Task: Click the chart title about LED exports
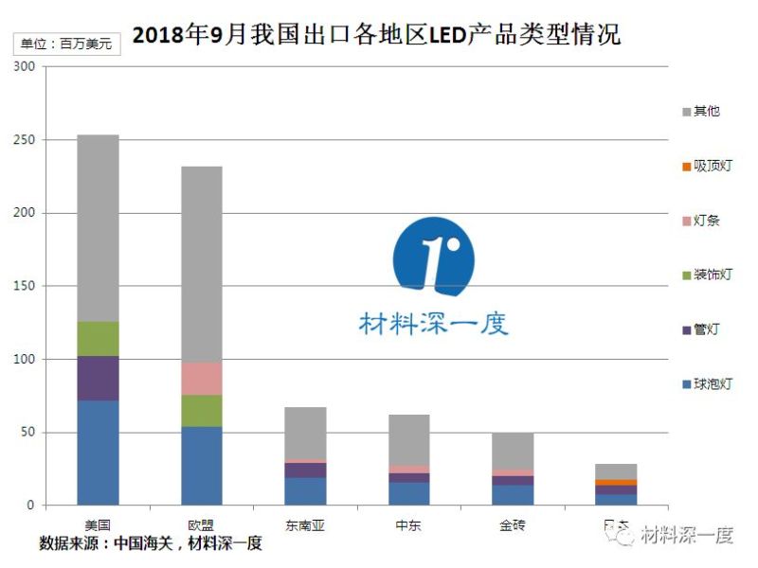point(376,36)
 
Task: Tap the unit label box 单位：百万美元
point(65,44)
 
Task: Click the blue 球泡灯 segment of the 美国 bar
point(98,453)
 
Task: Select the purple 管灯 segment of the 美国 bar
point(98,378)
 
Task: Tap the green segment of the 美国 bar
point(98,338)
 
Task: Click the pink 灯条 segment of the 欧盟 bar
point(201,378)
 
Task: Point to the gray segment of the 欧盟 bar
point(201,264)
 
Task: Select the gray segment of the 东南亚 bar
point(305,433)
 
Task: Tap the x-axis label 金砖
point(512,524)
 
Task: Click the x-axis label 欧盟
point(201,524)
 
